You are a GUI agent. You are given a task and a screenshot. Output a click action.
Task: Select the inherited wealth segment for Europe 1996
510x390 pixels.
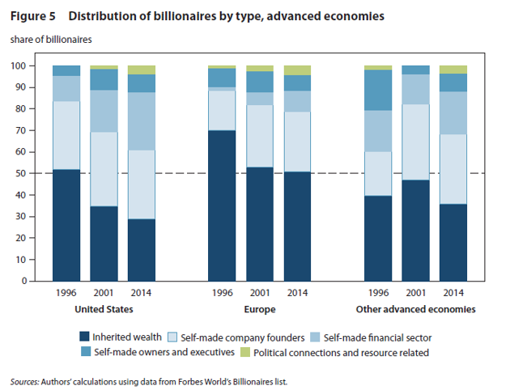pos(221,206)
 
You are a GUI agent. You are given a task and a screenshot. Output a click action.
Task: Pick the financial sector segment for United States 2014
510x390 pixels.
pos(142,121)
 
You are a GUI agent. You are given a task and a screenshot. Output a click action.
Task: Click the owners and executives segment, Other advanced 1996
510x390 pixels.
pos(378,90)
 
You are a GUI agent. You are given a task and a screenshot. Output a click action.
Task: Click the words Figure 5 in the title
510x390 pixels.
pos(33,16)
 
